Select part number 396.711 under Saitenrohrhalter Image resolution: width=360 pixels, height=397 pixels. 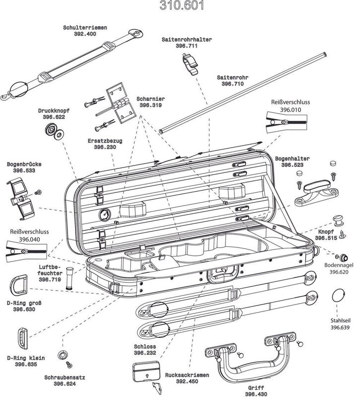[x=186, y=45]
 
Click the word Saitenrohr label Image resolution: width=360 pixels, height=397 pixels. [x=233, y=78]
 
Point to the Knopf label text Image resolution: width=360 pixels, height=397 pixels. [x=326, y=232]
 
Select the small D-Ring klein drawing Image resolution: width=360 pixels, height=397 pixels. [x=23, y=338]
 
